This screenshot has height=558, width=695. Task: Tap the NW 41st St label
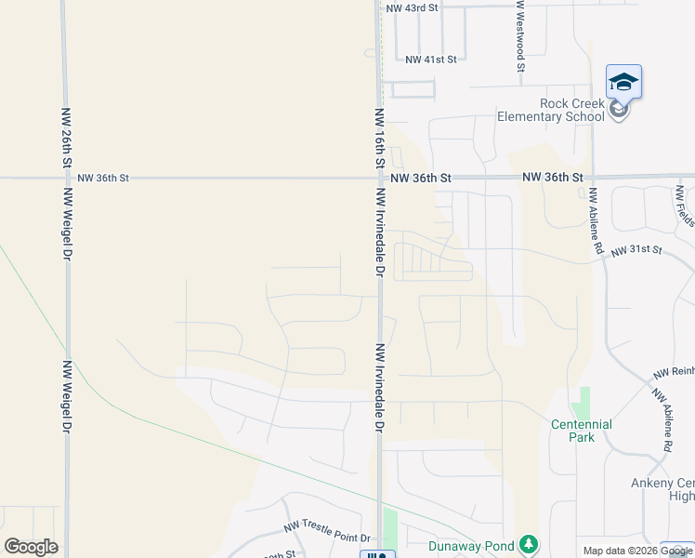pos(431,60)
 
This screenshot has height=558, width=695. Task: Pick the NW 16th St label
pos(379,138)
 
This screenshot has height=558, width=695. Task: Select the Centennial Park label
pos(581,430)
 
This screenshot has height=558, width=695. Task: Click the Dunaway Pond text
pos(472,545)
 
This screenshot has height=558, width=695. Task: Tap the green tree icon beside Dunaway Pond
pos(528,543)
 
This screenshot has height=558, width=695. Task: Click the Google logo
pos(31,547)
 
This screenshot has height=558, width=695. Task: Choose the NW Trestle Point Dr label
pos(326,538)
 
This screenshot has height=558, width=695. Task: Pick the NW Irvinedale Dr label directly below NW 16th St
pos(379,232)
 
